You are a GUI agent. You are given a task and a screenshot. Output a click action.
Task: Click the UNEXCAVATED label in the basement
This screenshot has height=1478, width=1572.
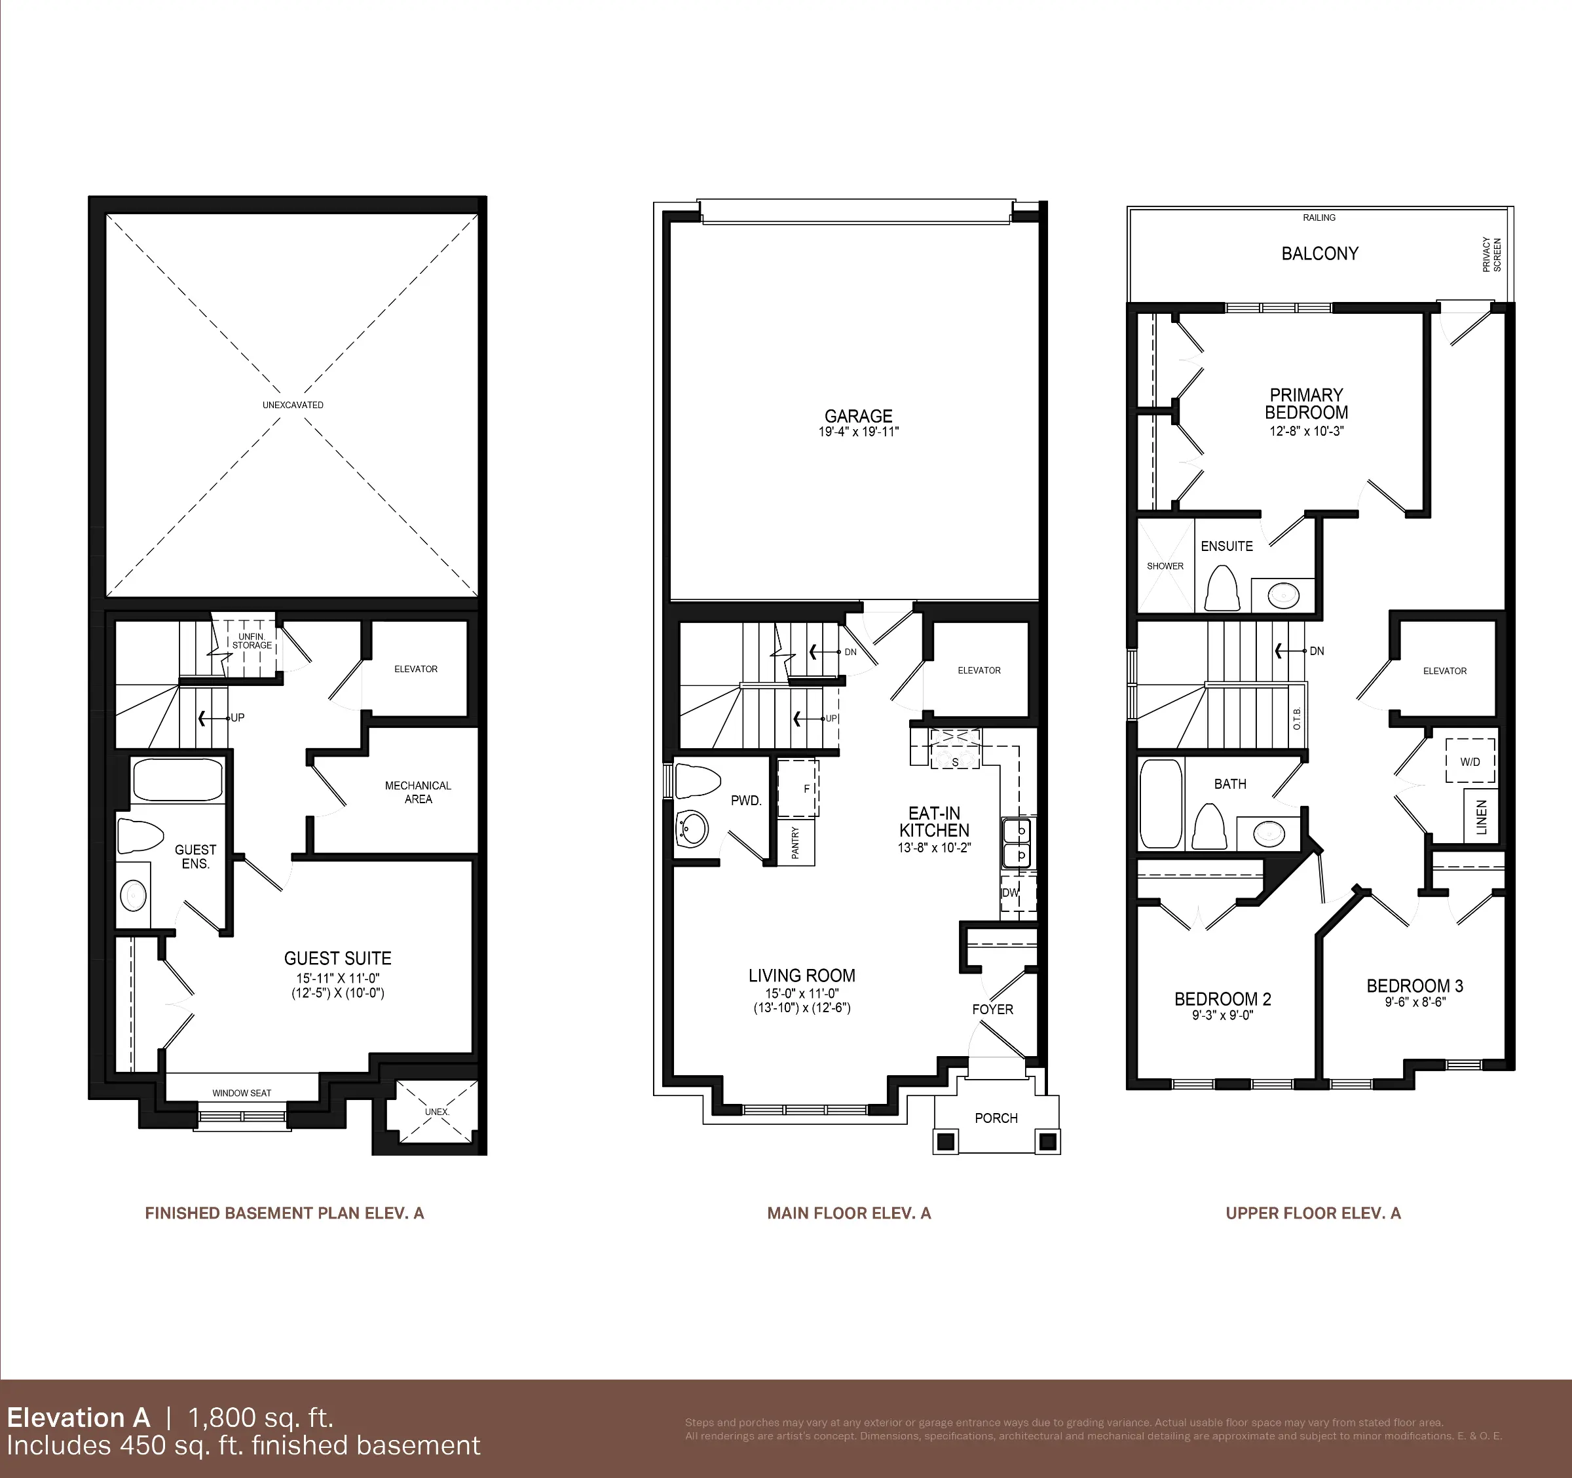tap(293, 405)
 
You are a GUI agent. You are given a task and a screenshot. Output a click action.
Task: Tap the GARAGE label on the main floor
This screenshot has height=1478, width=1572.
tap(858, 416)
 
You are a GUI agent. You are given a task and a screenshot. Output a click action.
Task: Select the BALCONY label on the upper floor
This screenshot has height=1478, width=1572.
tap(1320, 254)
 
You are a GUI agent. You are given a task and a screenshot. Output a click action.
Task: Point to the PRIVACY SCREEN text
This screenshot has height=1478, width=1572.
tap(1491, 255)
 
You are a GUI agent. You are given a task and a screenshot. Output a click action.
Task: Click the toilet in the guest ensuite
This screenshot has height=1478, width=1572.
tap(140, 837)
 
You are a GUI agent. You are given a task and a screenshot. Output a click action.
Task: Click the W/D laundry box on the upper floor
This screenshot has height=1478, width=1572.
tap(1470, 761)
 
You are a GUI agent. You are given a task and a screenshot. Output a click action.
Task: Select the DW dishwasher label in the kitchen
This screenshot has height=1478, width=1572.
tap(1011, 893)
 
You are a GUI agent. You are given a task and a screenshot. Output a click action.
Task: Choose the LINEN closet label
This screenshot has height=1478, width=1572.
tap(1481, 818)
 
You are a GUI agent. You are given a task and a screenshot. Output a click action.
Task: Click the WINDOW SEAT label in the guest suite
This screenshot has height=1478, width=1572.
tap(241, 1093)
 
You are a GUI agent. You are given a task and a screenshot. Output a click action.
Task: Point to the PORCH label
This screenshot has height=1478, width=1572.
tap(996, 1118)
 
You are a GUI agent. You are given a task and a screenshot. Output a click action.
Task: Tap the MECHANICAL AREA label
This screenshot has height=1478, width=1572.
tap(417, 792)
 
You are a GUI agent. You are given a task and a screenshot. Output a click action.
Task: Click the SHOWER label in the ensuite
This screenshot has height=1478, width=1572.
tap(1165, 566)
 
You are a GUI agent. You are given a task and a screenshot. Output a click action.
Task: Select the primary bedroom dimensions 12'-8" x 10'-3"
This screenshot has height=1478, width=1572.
tap(1306, 432)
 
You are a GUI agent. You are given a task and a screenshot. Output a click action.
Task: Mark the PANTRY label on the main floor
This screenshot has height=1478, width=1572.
tap(795, 843)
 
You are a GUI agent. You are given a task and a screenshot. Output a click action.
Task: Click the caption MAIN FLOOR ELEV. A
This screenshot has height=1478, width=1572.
tap(848, 1213)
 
